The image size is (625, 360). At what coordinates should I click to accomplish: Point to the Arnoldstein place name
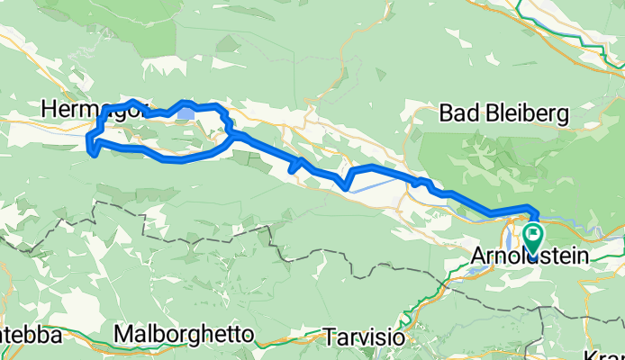(x=530, y=258)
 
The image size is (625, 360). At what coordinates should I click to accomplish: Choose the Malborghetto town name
(x=185, y=335)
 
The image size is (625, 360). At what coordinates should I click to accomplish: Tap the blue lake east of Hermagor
(x=187, y=113)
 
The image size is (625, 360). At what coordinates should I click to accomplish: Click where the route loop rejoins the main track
(x=232, y=135)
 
